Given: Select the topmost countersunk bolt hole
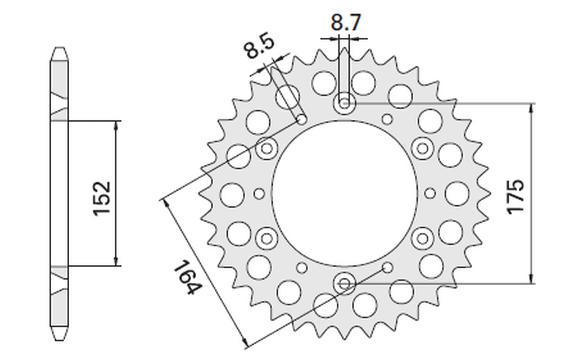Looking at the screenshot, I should pos(345,104).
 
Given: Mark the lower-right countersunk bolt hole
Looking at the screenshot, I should pos(423,237).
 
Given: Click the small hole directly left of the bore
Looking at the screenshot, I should pos(258,193).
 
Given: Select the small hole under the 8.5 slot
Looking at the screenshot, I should pos(302,120).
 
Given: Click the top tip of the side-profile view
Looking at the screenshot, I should pos(59,49).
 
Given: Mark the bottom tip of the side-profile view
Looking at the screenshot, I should pos(59,339).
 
